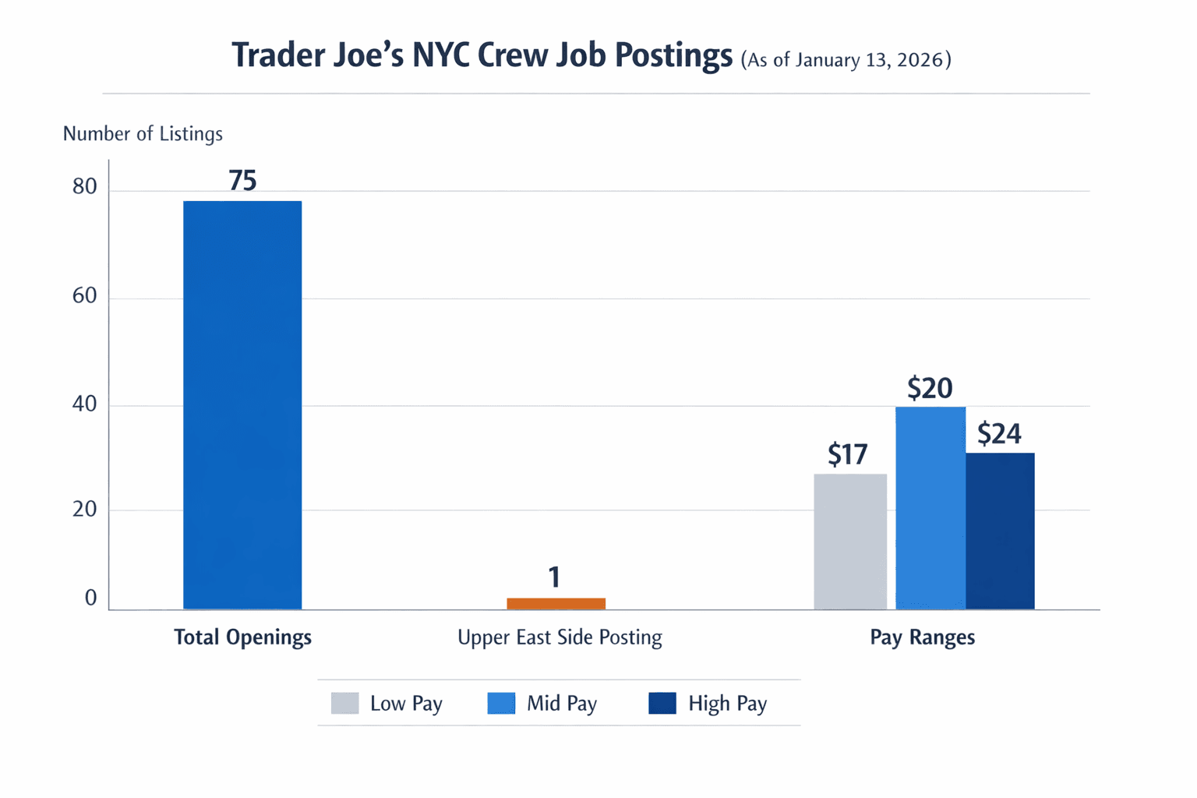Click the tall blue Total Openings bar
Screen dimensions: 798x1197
pos(242,405)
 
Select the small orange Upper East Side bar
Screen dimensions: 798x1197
pos(556,603)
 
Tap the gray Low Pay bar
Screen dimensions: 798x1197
pos(850,542)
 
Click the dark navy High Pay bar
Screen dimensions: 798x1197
pos(1000,531)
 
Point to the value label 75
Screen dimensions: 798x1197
pos(242,181)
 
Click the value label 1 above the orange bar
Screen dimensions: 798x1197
pos(554,577)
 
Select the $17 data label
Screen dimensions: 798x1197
pos(847,454)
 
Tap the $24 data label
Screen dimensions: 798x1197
pos(999,433)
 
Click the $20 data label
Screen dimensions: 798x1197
pos(930,388)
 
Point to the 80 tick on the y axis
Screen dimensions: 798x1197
pos(85,187)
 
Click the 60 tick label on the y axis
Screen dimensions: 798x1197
pos(85,296)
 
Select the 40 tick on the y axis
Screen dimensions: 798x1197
pos(85,404)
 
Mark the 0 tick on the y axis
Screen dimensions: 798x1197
pos(91,598)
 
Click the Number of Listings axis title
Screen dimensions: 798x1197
pos(143,134)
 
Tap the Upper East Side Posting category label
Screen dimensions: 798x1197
pos(560,637)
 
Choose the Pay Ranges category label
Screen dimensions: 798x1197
pos(922,637)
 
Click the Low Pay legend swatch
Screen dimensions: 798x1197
pos(344,703)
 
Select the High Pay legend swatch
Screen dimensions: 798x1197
pos(662,703)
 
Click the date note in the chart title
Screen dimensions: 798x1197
pos(846,60)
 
